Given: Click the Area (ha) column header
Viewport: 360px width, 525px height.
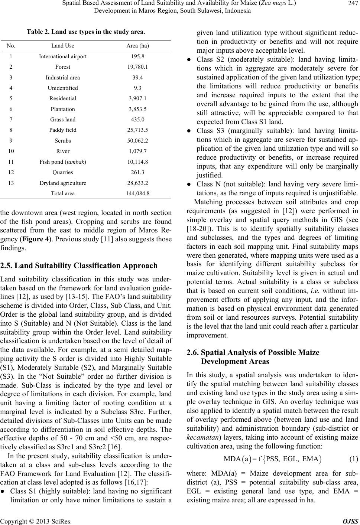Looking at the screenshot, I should coord(137,46).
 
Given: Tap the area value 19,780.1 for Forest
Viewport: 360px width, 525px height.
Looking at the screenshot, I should coord(137,67).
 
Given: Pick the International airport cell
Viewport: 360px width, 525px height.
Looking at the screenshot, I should coord(63,57).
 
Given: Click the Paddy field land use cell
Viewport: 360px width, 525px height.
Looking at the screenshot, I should coord(63,130).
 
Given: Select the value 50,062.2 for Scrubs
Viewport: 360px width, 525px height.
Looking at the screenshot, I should coord(137,141).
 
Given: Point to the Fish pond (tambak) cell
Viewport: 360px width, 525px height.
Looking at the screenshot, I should coord(63,162).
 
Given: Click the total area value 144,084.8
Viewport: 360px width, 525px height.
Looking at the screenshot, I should coord(137,193).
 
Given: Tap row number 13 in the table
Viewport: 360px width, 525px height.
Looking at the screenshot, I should coord(12,183).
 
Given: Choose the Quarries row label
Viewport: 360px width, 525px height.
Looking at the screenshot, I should coord(63,172).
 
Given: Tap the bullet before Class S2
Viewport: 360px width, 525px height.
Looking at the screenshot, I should coord(189,60).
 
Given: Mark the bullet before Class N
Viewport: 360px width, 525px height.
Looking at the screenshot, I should coord(189,185).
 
